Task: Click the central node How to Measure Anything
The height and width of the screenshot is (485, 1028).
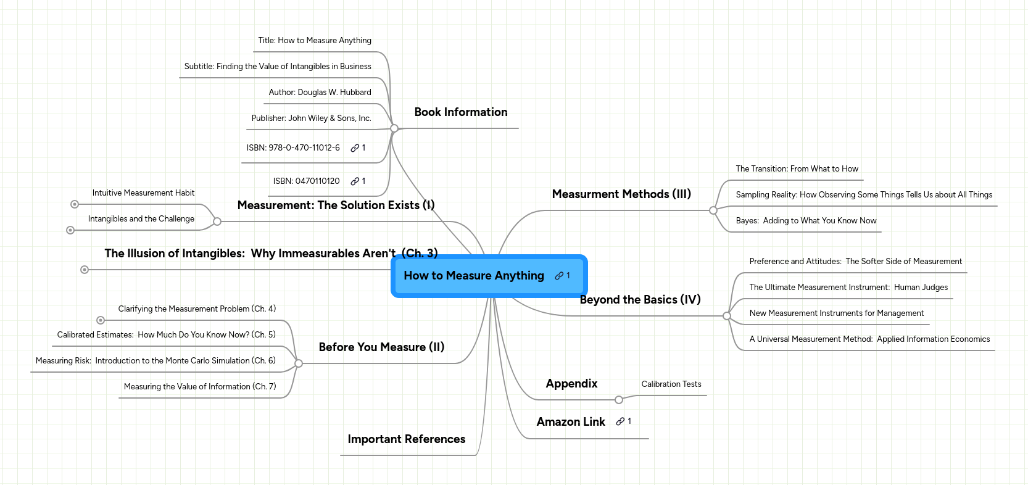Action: pyautogui.click(x=474, y=276)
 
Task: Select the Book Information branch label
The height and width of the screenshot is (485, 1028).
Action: pyautogui.click(x=460, y=112)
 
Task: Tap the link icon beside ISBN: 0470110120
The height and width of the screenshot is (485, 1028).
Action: pyautogui.click(x=355, y=181)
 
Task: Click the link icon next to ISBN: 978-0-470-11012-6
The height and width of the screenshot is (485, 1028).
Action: pyautogui.click(x=355, y=148)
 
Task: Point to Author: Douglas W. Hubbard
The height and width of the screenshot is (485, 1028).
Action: pyautogui.click(x=320, y=93)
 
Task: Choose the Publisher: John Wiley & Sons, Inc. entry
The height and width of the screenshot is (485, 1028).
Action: pyautogui.click(x=311, y=118)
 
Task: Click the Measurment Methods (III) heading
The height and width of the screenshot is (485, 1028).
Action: pyautogui.click(x=621, y=194)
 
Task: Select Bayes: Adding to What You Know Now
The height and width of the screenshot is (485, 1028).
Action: pyautogui.click(x=805, y=221)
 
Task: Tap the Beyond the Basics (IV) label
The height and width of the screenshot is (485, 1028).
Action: pyautogui.click(x=640, y=300)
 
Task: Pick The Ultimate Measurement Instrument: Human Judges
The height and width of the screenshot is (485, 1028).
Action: pyautogui.click(x=848, y=288)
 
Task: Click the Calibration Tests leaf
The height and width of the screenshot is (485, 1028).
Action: pyautogui.click(x=671, y=384)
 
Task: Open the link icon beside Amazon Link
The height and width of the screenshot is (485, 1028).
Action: pyautogui.click(x=620, y=422)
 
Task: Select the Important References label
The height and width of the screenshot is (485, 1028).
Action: pyautogui.click(x=406, y=439)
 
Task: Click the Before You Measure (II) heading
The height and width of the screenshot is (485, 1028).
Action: pyautogui.click(x=381, y=347)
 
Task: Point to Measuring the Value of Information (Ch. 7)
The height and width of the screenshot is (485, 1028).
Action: pyautogui.click(x=199, y=387)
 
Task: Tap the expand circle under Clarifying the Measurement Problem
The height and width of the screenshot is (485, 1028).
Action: pyautogui.click(x=101, y=320)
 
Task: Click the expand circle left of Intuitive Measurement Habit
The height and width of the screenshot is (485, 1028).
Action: pyautogui.click(x=75, y=204)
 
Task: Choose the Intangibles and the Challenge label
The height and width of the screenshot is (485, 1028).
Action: pyautogui.click(x=141, y=219)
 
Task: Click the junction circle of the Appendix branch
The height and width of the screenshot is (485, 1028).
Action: pyautogui.click(x=619, y=400)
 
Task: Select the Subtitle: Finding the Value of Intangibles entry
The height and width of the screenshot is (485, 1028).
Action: pyautogui.click(x=277, y=67)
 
